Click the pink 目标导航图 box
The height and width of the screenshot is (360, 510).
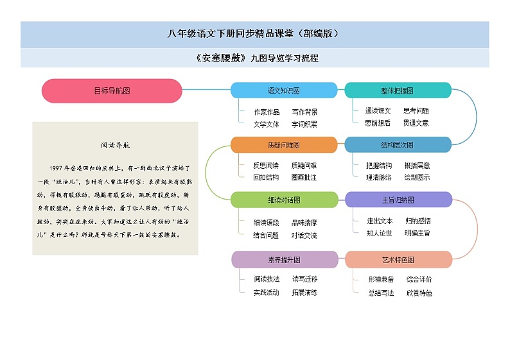coord(112,90)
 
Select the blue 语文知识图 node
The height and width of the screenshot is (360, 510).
coord(284,90)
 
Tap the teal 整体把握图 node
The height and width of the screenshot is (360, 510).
coord(398,90)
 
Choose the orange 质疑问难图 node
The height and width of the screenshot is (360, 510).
coord(284,145)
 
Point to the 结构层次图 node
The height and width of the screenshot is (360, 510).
coord(398,145)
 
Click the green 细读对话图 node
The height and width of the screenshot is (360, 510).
coord(284,200)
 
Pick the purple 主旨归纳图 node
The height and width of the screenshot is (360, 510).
coord(398,200)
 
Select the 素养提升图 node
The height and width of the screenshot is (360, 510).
coord(284,260)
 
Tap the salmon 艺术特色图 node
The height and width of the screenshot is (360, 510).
coord(398,260)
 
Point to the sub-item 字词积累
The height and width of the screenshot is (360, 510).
coord(304,124)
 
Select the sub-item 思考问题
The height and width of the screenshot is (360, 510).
coord(416,110)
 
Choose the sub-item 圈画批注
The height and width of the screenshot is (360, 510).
coord(304,177)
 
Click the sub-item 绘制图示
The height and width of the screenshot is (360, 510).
coord(418,177)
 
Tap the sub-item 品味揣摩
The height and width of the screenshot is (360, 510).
coord(304,223)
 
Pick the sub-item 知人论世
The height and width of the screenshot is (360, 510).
coord(379,233)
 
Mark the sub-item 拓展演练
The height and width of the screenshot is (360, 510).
coord(304,293)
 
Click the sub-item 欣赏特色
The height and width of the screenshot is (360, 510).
coord(419,293)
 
